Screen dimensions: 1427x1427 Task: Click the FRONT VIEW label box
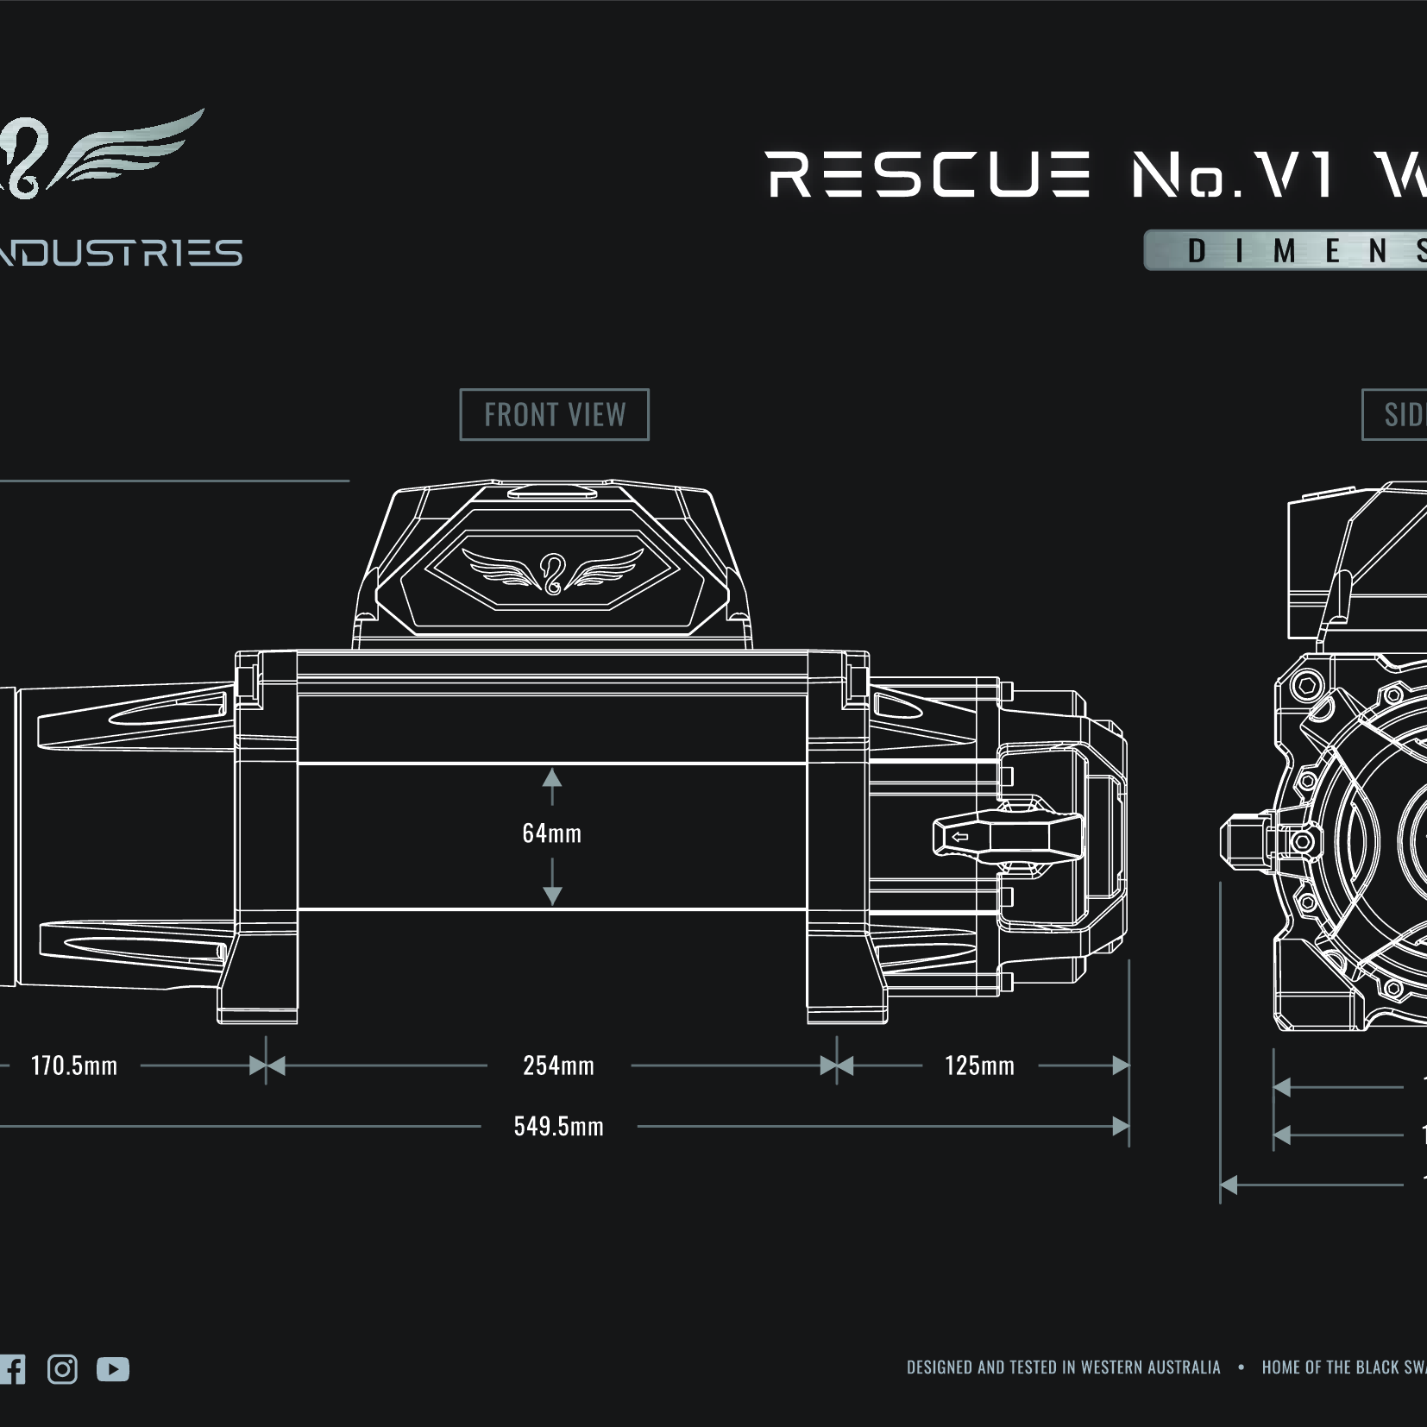(554, 415)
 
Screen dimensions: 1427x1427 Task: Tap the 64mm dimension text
(551, 833)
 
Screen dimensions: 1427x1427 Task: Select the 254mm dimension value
(558, 1066)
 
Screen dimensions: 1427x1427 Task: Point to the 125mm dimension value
(979, 1066)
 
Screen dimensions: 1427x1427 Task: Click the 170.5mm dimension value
(74, 1066)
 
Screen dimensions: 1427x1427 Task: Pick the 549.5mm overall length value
(558, 1126)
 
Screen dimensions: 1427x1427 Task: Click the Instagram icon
(62, 1369)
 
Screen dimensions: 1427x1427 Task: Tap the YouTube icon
(113, 1369)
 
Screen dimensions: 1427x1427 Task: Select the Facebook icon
(12, 1369)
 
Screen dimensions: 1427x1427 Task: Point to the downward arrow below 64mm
(552, 892)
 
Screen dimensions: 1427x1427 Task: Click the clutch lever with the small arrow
(1008, 836)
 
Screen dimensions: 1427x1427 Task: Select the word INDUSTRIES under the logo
(121, 253)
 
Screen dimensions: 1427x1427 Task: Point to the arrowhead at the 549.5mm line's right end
(1121, 1126)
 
